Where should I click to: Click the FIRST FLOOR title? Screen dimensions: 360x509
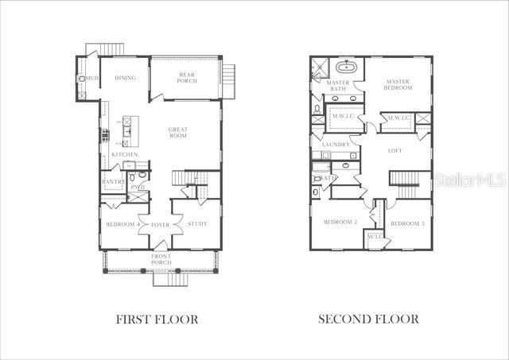[x=157, y=319]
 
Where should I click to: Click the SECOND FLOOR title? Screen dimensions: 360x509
[x=368, y=319]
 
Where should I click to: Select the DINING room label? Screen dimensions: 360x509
[x=125, y=78]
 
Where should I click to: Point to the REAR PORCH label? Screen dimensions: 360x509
[x=186, y=78]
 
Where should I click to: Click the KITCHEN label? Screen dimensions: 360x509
[x=125, y=154]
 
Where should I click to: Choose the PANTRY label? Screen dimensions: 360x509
[x=113, y=182]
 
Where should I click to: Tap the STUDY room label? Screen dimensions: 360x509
[x=197, y=224]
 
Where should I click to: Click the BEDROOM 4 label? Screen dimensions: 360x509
[x=123, y=224]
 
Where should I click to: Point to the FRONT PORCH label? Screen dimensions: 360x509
[x=161, y=259]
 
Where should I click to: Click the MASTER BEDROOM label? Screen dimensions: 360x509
[x=398, y=84]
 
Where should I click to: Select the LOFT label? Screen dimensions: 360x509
[x=395, y=150]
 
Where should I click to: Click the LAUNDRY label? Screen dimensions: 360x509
[x=336, y=145]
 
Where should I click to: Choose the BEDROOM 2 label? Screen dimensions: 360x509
[x=340, y=223]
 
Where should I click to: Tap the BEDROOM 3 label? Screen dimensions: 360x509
[x=406, y=223]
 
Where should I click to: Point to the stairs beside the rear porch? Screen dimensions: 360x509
[x=229, y=77]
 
